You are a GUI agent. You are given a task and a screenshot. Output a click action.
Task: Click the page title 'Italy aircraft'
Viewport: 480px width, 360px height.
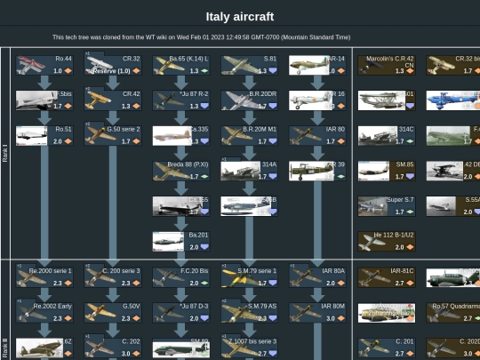click(x=239, y=17)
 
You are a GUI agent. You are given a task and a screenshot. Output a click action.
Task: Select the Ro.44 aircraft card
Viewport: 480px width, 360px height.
click(x=44, y=65)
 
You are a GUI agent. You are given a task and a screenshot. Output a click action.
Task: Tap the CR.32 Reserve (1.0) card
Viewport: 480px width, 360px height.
click(x=112, y=65)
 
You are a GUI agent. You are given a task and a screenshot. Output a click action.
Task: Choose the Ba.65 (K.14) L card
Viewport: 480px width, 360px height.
click(x=180, y=65)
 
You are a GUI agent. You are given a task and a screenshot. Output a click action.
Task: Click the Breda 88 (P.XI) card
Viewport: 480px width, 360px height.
click(x=180, y=170)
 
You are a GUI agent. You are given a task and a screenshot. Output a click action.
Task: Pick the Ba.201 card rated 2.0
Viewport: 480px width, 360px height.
click(x=180, y=241)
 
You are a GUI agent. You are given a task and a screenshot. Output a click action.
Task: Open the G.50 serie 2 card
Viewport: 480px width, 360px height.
click(x=112, y=134)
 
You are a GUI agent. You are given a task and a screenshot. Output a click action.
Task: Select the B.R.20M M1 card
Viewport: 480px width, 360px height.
click(x=249, y=134)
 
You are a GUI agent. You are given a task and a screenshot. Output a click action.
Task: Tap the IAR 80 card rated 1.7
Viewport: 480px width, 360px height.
click(x=317, y=134)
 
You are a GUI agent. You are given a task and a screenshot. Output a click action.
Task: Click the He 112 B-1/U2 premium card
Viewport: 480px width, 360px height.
click(x=387, y=241)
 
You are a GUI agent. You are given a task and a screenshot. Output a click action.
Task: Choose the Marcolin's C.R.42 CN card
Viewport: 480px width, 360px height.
click(x=387, y=65)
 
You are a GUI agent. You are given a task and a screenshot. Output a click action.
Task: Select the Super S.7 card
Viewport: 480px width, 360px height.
click(x=387, y=205)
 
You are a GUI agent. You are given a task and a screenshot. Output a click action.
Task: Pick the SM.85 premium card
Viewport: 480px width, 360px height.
click(x=387, y=170)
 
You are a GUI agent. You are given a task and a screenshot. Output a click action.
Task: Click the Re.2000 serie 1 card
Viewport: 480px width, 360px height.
click(x=44, y=276)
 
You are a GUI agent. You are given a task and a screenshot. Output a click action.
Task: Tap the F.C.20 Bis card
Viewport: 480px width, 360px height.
click(x=180, y=276)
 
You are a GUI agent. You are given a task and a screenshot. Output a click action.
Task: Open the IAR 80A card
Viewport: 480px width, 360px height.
click(x=317, y=276)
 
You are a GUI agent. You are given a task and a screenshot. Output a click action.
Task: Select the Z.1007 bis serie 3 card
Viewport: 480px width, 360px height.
click(x=249, y=347)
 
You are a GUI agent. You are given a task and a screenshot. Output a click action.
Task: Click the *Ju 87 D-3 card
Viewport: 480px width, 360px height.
click(x=180, y=311)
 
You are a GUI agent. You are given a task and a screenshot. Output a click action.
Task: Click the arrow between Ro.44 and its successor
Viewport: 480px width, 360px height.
click(x=44, y=83)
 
